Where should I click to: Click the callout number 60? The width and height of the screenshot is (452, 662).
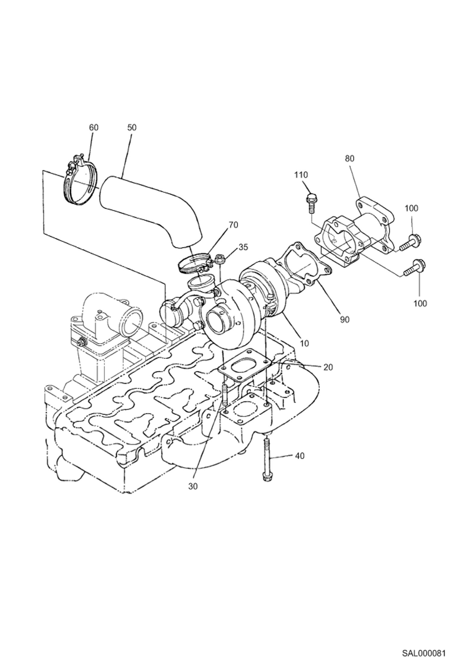coord(94,128)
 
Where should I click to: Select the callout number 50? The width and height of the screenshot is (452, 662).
coord(132,128)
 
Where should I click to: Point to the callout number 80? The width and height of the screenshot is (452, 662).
coord(349,158)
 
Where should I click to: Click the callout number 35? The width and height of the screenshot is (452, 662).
coord(243,247)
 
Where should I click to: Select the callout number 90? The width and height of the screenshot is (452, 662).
coord(345,320)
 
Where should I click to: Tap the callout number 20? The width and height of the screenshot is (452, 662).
coord(328,367)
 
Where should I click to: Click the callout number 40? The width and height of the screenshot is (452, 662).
coord(300,456)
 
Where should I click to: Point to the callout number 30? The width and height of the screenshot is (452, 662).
coord(193,487)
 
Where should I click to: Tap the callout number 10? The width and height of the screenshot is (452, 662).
coord(305,343)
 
